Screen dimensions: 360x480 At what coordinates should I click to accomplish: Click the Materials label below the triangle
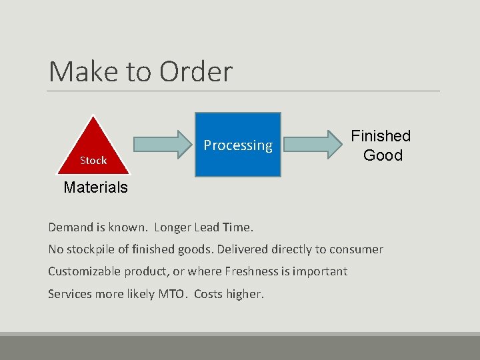click(95, 187)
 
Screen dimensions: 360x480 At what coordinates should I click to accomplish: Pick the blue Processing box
click(238, 145)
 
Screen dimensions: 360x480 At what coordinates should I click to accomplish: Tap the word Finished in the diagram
click(381, 136)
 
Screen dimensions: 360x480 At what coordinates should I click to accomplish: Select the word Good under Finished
click(383, 155)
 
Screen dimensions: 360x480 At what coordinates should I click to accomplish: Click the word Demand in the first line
click(70, 227)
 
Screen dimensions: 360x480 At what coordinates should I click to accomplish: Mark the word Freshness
click(253, 271)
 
